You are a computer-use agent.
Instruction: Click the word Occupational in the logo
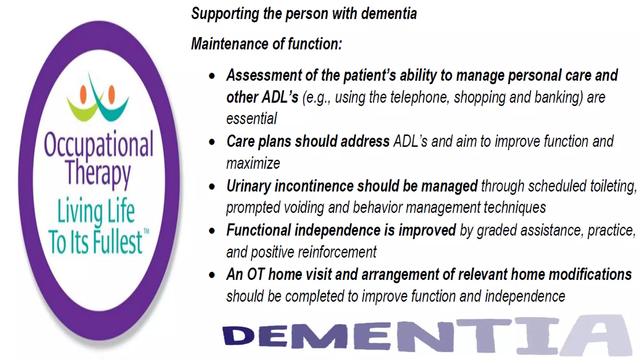[x=98, y=144]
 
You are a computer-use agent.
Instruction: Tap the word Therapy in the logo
[x=98, y=173]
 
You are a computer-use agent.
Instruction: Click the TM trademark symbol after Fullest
[x=146, y=232]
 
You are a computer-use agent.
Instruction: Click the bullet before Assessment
[x=212, y=76]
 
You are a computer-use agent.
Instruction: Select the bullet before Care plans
[x=212, y=142]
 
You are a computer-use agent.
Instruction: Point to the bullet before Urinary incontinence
[x=212, y=187]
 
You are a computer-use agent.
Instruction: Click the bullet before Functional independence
[x=212, y=231]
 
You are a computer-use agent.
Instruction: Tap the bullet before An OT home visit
[x=212, y=275]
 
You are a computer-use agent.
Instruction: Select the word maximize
[x=253, y=163]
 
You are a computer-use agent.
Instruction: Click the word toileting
[x=613, y=186]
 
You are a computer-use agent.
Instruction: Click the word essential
[x=252, y=119]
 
